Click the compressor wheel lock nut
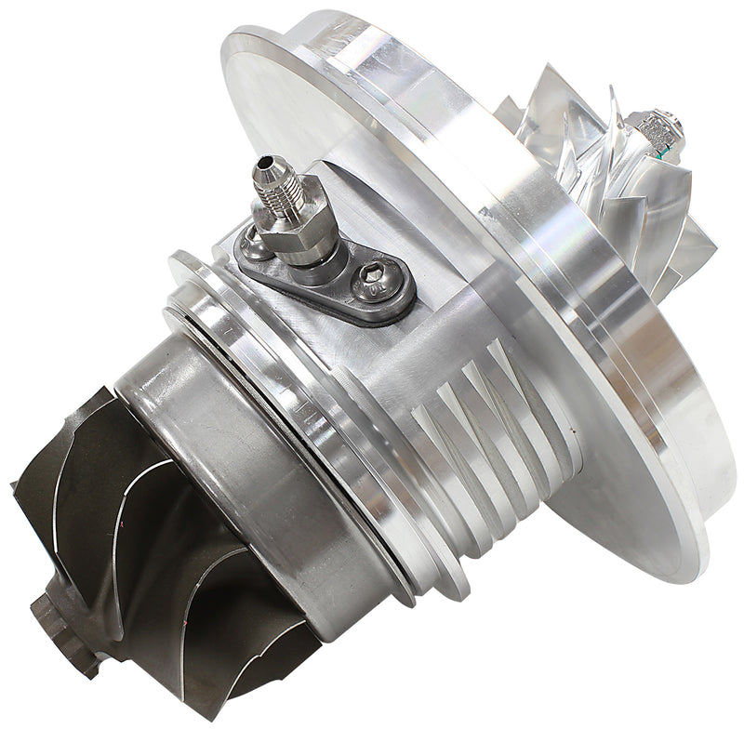coord(658,130)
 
